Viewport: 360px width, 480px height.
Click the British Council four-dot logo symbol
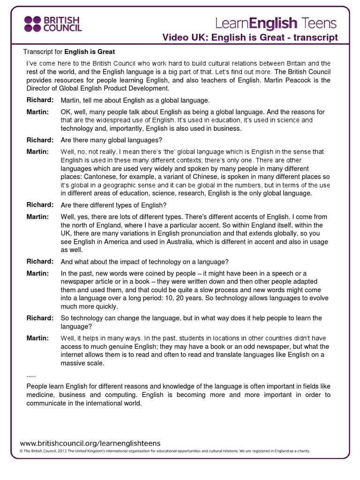coord(33,23)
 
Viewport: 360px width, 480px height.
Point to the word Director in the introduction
coord(40,88)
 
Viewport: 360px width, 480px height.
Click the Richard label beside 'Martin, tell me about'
coord(40,100)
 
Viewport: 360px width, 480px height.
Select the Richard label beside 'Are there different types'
coord(40,205)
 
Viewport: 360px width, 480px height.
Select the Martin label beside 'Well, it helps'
coord(37,338)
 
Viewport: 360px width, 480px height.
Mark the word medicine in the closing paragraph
coord(41,395)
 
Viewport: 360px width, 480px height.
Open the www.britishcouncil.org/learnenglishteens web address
coord(90,442)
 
